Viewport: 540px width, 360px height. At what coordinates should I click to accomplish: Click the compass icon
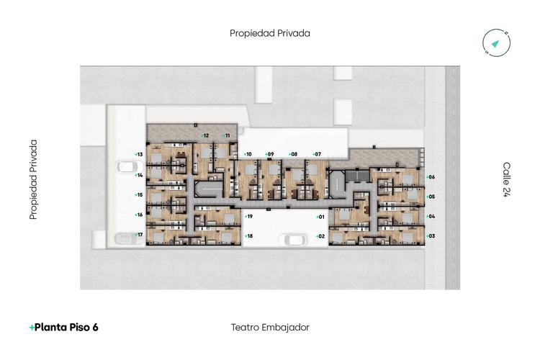click(496, 44)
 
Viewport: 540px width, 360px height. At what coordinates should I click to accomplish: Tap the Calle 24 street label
click(506, 179)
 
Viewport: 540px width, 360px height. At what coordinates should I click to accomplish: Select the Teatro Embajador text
click(270, 327)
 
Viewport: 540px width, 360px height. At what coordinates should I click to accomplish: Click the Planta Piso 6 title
click(64, 327)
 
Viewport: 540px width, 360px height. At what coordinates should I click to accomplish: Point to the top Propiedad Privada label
click(270, 33)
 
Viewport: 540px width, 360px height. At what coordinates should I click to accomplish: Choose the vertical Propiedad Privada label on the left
click(33, 179)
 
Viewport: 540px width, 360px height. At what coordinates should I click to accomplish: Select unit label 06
click(431, 177)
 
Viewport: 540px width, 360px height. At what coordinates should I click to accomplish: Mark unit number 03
click(431, 236)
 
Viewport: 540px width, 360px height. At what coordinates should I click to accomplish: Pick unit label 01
click(320, 217)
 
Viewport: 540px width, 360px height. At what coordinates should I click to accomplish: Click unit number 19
click(248, 217)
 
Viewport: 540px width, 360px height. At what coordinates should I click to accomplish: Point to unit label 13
click(139, 155)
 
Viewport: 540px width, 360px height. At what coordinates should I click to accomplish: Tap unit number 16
click(139, 215)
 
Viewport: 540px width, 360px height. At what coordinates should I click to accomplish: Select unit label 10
click(247, 154)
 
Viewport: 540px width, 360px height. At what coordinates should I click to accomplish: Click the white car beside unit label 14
click(127, 167)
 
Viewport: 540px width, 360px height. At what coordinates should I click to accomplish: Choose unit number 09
click(269, 154)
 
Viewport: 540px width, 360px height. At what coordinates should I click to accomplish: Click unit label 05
click(431, 197)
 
